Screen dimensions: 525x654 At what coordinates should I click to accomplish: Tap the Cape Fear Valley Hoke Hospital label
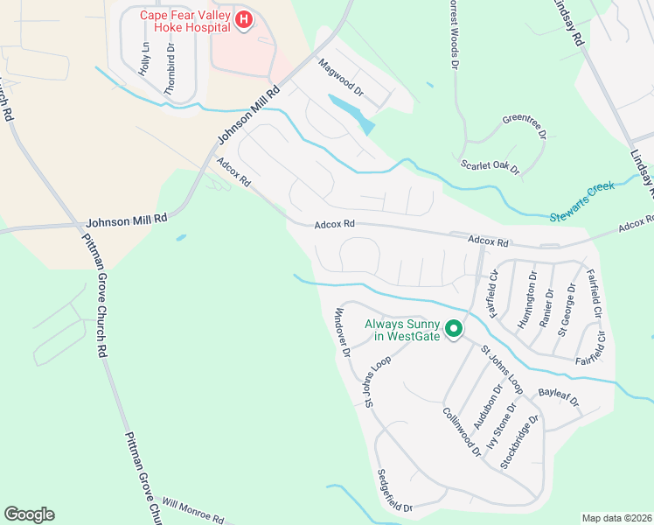pyautogui.click(x=185, y=20)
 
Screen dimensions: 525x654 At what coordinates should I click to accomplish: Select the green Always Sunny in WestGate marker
pyautogui.click(x=453, y=329)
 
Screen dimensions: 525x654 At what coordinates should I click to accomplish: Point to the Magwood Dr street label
pyautogui.click(x=340, y=75)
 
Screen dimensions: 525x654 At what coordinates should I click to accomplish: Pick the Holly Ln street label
pyautogui.click(x=144, y=58)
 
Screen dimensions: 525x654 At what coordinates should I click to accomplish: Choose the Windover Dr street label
pyautogui.click(x=342, y=332)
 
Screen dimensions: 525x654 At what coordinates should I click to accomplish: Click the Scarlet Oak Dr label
pyautogui.click(x=490, y=164)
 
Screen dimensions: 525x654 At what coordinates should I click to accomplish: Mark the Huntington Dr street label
pyautogui.click(x=527, y=297)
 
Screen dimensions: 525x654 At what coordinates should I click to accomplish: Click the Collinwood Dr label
pyautogui.click(x=461, y=432)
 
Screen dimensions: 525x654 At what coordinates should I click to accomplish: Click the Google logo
pyautogui.click(x=29, y=514)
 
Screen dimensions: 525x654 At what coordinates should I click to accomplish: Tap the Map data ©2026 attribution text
pyautogui.click(x=617, y=518)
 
